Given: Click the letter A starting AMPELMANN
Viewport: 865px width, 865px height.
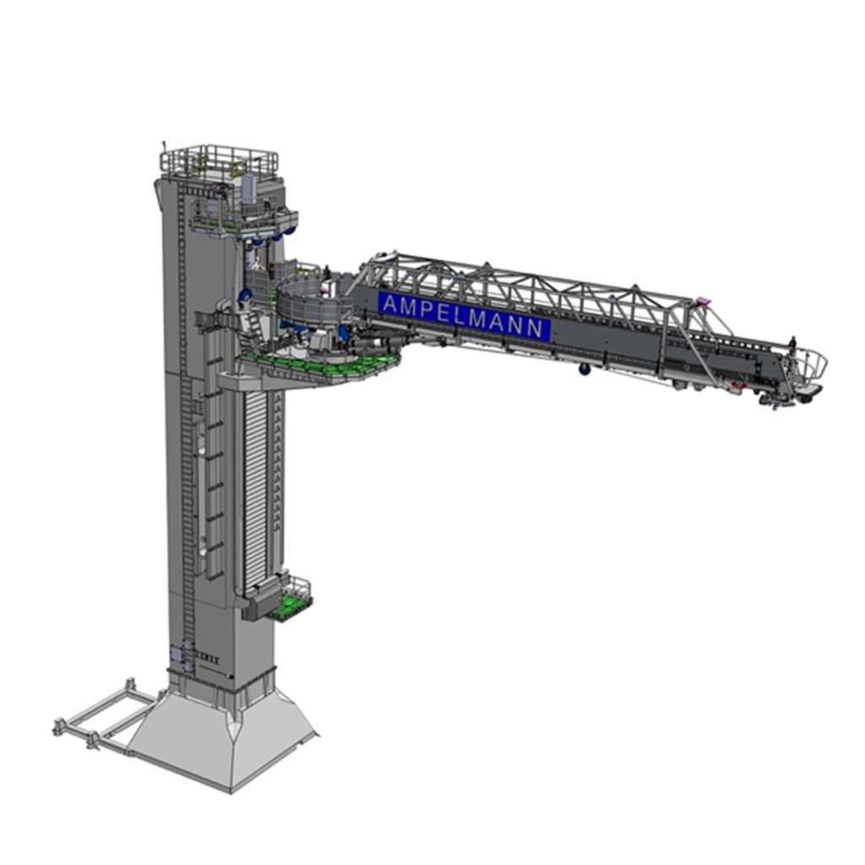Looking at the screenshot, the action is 390,304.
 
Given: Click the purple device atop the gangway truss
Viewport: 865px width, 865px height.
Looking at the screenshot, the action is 702,301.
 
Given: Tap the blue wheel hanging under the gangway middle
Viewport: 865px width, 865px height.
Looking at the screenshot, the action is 585,369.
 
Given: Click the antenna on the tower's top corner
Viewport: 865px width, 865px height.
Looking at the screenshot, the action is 164,148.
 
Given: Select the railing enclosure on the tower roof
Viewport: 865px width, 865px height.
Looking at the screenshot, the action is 219,160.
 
